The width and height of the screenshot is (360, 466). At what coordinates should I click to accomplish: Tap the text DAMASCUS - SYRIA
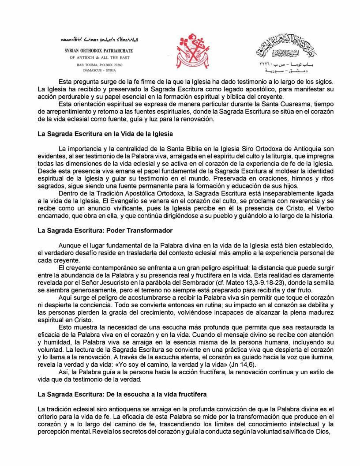[99, 70]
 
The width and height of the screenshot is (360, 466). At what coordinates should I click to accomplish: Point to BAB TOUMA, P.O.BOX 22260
[99, 64]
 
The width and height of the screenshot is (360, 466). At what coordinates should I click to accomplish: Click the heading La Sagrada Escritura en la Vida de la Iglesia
[105, 133]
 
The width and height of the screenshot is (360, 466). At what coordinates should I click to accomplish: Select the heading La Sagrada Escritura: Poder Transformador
[105, 230]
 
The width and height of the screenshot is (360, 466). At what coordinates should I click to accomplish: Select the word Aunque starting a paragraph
[68, 244]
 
